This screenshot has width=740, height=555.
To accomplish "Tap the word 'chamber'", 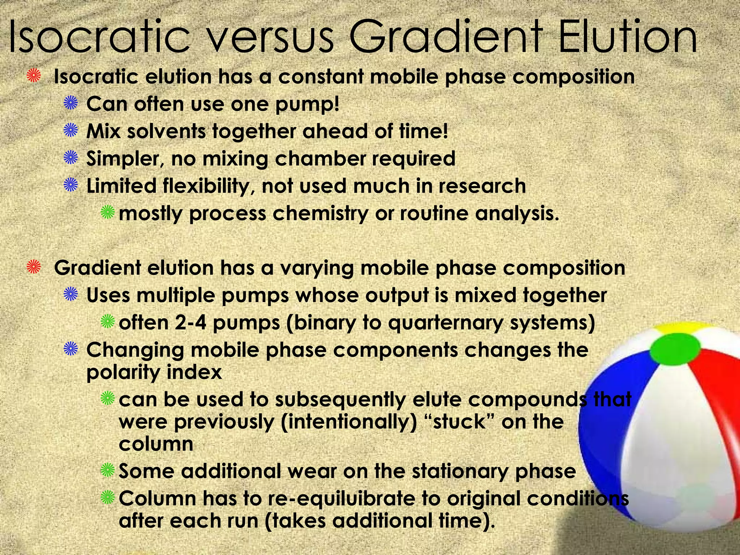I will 314,158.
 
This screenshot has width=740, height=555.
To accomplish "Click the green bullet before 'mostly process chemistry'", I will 108,213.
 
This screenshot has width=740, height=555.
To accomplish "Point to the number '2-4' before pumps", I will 190,323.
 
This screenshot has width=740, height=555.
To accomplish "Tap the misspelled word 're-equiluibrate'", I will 341,499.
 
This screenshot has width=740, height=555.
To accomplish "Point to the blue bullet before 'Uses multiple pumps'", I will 71,295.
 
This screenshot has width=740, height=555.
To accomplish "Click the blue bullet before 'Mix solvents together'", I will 71,131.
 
